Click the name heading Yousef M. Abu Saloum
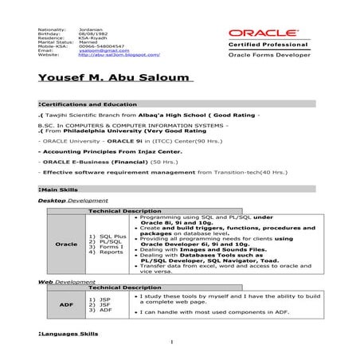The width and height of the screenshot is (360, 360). (115, 77)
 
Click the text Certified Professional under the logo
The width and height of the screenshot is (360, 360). (261, 46)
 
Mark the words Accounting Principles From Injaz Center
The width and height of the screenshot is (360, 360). (92, 150)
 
